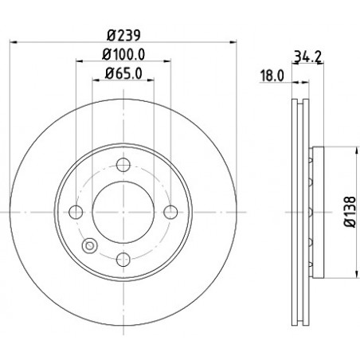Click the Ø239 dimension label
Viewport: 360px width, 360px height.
(123, 35)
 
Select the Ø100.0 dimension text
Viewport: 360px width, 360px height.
(123, 55)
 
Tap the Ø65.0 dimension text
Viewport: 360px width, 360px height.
(123, 73)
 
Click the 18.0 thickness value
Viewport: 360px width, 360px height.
(272, 76)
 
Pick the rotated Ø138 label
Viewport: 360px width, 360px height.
(350, 212)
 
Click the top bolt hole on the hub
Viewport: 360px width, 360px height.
(123, 165)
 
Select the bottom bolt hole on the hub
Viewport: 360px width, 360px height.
(123, 260)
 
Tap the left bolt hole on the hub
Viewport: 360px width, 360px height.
(76, 212)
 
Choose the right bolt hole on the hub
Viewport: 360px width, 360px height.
(170, 212)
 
